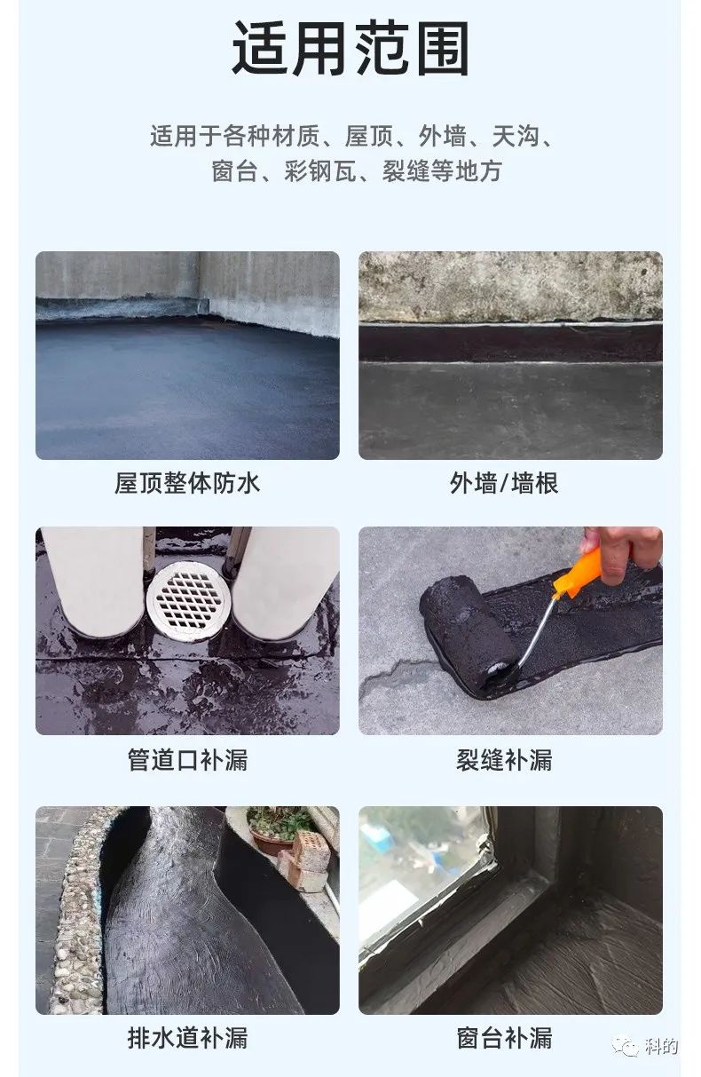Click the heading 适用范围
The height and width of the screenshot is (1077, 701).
click(x=350, y=48)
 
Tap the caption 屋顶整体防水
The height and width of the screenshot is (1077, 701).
click(x=187, y=483)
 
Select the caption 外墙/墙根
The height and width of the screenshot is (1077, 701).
click(x=504, y=483)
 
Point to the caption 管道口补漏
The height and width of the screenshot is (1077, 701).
click(x=187, y=760)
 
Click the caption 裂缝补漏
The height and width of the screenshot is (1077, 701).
click(x=504, y=760)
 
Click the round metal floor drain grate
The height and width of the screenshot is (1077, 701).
click(x=189, y=600)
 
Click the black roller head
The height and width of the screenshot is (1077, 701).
click(x=469, y=631)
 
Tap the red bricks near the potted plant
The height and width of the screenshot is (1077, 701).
click(x=308, y=861)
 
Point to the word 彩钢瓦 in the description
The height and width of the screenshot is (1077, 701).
click(x=321, y=171)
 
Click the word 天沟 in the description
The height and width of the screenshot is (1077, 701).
click(x=516, y=136)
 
